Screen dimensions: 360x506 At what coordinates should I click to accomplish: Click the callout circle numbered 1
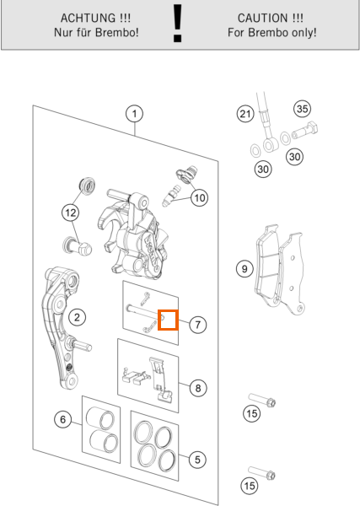134,114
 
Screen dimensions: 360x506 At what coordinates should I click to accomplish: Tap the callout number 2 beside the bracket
77,317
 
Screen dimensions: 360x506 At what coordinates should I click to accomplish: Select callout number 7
197,325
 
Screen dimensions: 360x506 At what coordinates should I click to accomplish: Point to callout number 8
198,388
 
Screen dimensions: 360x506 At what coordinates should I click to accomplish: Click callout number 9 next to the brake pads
244,268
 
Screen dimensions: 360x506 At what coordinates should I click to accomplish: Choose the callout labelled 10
199,197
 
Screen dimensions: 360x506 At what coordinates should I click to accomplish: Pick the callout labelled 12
71,213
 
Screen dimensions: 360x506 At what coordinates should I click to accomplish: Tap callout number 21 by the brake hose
245,114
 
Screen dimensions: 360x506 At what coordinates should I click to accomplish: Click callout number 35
303,109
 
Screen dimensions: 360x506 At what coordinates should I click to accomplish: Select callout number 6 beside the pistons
63,419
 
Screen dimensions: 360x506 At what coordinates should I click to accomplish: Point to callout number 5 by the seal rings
197,460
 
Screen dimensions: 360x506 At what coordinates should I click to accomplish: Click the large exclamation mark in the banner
177,24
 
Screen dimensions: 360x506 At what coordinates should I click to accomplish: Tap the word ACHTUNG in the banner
88,18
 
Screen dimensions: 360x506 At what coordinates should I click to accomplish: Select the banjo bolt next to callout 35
305,131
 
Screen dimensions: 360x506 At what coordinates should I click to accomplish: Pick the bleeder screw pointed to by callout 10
171,196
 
